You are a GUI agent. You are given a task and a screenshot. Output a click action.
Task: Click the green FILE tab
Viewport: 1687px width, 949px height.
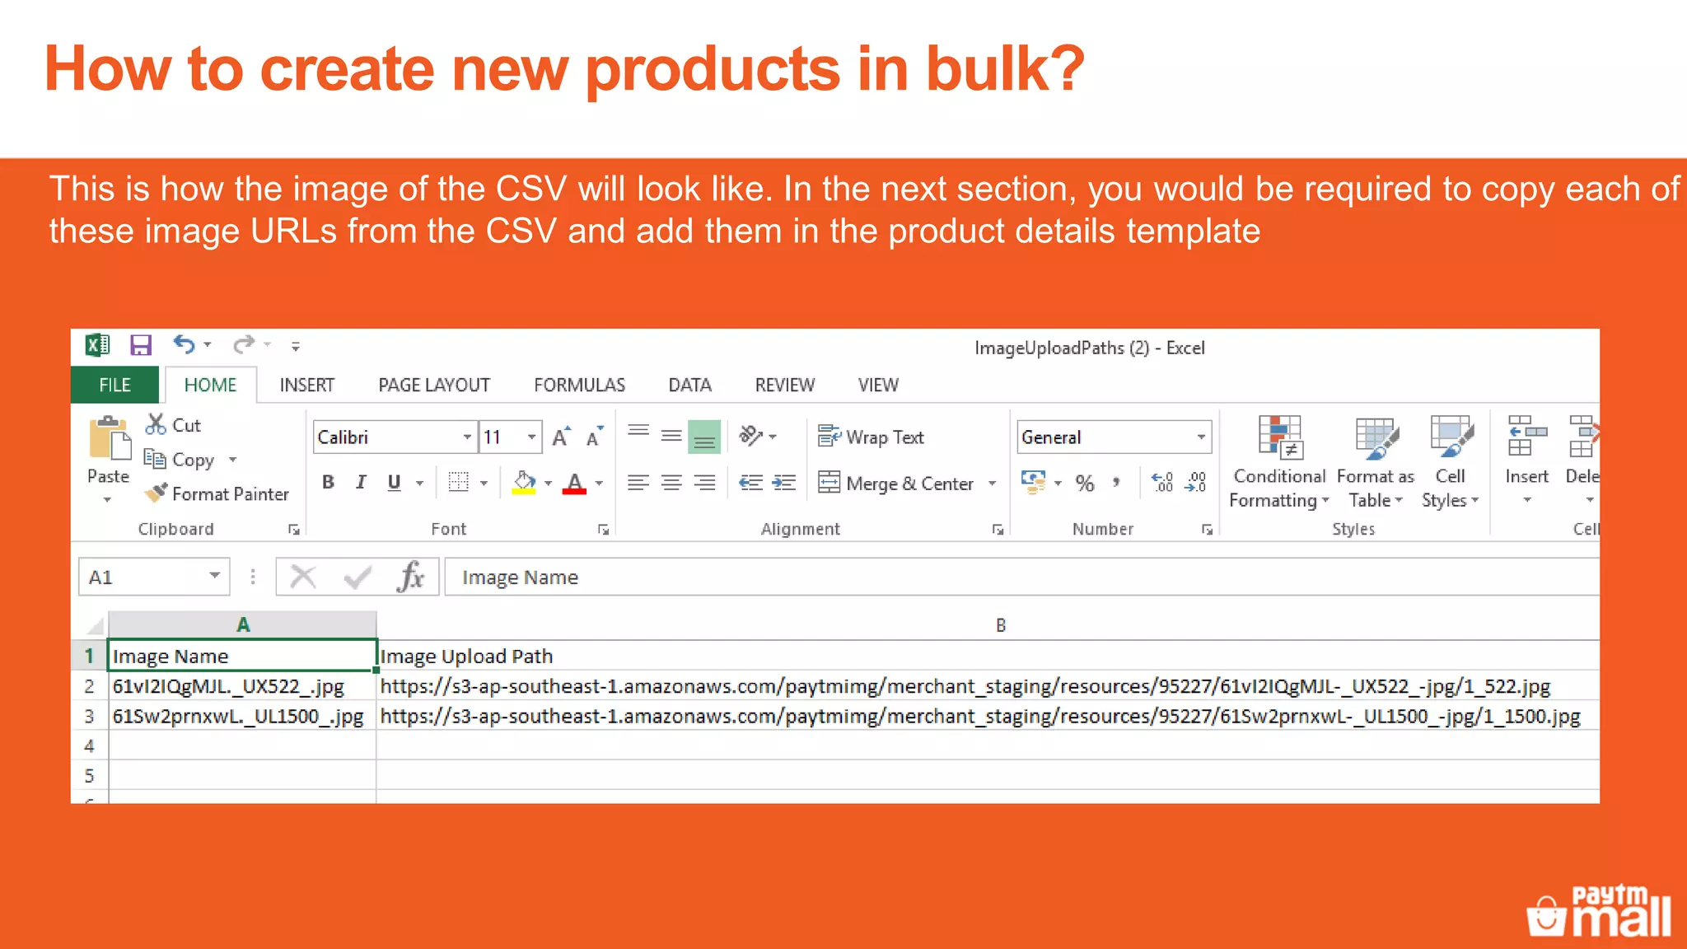114,386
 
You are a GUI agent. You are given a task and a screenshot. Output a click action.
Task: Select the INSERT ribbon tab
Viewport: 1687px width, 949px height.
306,386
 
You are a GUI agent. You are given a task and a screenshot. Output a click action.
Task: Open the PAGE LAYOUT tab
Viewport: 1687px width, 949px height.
433,386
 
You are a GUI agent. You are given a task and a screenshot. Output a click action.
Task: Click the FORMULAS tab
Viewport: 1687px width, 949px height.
579,386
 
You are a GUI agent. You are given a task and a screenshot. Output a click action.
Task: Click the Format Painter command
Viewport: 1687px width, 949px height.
218,494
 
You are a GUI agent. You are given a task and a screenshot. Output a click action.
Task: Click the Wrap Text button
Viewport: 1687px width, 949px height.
872,437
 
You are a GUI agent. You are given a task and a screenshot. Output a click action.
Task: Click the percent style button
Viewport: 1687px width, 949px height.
1085,484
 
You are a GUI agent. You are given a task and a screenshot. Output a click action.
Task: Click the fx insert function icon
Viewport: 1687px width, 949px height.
410,577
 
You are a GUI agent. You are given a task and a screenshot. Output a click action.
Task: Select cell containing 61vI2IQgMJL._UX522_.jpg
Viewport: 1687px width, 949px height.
239,687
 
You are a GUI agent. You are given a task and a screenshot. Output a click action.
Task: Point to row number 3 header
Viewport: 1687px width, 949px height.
89,717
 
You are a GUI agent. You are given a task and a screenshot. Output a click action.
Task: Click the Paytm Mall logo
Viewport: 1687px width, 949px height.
1598,912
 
